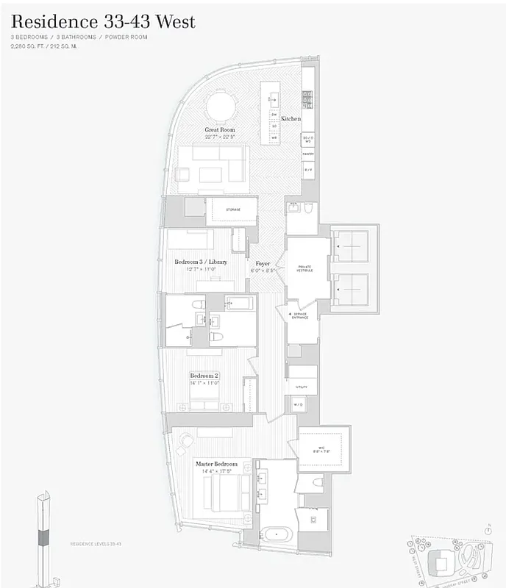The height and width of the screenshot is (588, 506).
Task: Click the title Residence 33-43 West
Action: pyautogui.click(x=103, y=21)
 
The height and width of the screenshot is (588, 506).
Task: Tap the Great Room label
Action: pyautogui.click(x=220, y=129)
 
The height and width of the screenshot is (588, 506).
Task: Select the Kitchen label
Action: pyautogui.click(x=291, y=118)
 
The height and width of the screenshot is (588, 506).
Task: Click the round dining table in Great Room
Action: pyautogui.click(x=221, y=105)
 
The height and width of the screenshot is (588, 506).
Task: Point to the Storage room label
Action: pyautogui.click(x=233, y=209)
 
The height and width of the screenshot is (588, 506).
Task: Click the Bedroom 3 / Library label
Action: pyautogui.click(x=200, y=262)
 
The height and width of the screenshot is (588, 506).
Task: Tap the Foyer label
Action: pyautogui.click(x=263, y=263)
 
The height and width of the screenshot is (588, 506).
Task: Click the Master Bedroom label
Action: pyautogui.click(x=216, y=464)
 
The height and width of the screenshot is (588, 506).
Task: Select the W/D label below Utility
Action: pyautogui.click(x=298, y=404)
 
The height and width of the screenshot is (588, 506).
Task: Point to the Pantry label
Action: pyautogui.click(x=308, y=154)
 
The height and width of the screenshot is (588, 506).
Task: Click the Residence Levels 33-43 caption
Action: pyautogui.click(x=95, y=544)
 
